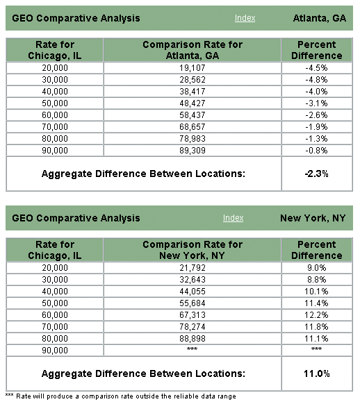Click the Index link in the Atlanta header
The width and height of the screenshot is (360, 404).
click(x=245, y=18)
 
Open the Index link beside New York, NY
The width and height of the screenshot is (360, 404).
click(x=233, y=218)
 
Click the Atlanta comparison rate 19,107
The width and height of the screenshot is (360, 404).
click(x=193, y=68)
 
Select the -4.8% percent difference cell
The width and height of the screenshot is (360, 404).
click(x=316, y=80)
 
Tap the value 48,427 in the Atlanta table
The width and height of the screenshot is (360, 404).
click(x=193, y=103)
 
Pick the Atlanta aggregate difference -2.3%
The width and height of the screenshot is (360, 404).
click(x=316, y=174)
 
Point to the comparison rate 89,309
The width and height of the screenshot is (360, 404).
click(x=193, y=150)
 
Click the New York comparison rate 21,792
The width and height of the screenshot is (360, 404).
click(x=193, y=268)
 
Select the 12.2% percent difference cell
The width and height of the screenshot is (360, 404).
click(x=316, y=315)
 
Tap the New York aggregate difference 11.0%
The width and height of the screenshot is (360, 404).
click(x=317, y=373)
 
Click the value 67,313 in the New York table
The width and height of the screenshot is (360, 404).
click(x=193, y=315)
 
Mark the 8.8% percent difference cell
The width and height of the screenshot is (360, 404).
click(x=317, y=280)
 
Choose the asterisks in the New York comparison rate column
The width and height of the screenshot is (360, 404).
click(x=192, y=349)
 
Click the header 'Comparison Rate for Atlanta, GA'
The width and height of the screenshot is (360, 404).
click(x=193, y=50)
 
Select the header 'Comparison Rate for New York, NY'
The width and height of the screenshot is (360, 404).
click(x=193, y=250)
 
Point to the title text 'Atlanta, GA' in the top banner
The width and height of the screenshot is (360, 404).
click(x=320, y=18)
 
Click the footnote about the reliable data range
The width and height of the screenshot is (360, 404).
click(x=121, y=396)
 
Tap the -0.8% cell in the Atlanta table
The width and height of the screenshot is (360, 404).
click(x=316, y=150)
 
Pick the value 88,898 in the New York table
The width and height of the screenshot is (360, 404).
click(x=193, y=338)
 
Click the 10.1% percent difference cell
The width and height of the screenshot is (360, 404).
click(x=316, y=292)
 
